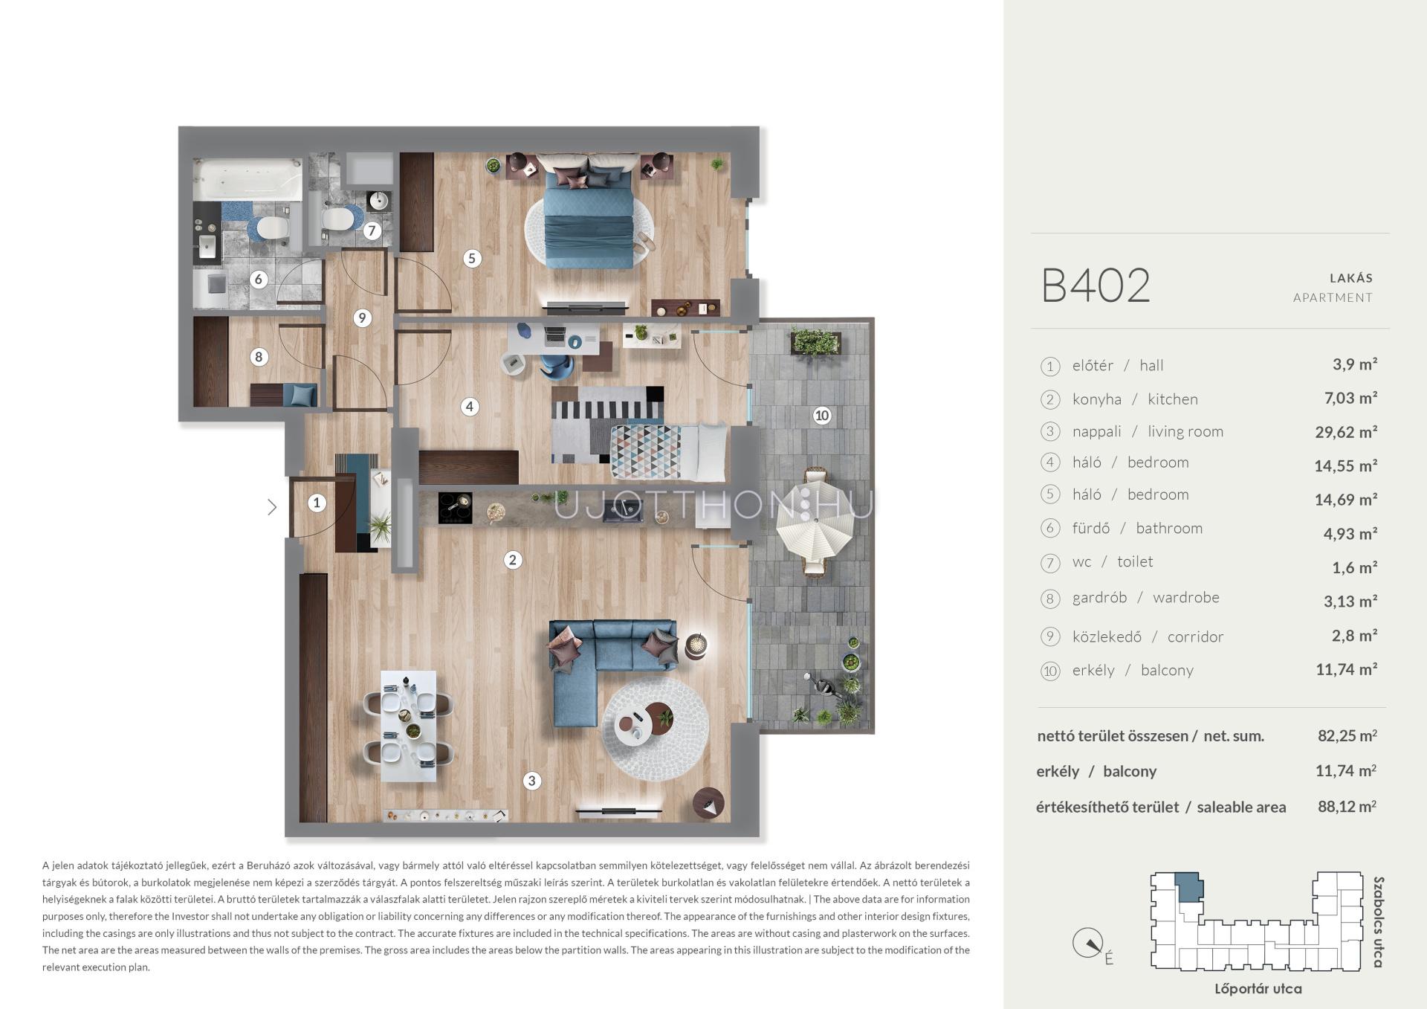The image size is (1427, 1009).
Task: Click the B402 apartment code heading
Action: tap(1096, 285)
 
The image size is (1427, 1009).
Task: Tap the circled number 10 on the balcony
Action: tap(821, 416)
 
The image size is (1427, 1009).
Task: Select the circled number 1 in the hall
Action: tap(317, 503)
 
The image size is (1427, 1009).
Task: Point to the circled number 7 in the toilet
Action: tap(372, 231)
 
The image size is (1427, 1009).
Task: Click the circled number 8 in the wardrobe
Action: tap(259, 357)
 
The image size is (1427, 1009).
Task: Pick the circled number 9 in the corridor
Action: tap(362, 318)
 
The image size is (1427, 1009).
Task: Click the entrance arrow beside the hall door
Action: tap(272, 507)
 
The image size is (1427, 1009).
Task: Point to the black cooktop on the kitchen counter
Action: tap(455, 509)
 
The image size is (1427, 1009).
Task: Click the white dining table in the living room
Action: tap(408, 726)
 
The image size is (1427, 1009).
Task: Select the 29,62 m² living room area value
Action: tap(1346, 432)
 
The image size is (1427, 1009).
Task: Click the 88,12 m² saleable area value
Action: tap(1347, 807)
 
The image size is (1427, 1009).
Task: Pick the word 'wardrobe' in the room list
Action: tap(1186, 598)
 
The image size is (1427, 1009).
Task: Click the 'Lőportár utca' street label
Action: tap(1258, 989)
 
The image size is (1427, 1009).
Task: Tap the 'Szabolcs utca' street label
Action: tap(1379, 922)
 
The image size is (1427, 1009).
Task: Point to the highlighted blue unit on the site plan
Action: tap(1188, 887)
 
